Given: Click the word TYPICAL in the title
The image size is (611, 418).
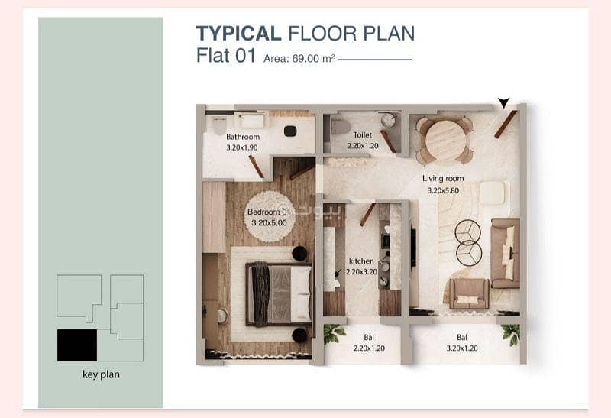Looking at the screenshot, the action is coord(238,33).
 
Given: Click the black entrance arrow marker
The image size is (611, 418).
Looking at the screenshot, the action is coord(503,103).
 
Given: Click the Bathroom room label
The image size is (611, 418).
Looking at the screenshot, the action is coord(243,137).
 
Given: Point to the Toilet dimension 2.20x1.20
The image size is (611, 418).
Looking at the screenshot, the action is coord(363,146).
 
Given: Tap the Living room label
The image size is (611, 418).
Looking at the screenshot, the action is coord(443,178).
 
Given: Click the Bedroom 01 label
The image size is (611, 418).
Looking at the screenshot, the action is coord(270,212).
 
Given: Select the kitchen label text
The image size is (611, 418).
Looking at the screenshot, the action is coord(361,261).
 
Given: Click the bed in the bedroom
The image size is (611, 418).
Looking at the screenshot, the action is coord(279,294).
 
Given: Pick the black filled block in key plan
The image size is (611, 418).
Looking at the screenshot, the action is coord(77,345).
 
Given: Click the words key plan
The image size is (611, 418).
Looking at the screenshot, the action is coord(102,374).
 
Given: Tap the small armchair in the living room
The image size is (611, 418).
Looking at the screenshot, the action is coord(469,293).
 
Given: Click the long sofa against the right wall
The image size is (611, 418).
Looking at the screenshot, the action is coord(505,253).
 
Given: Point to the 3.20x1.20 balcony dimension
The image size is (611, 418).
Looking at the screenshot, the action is coord(462,348).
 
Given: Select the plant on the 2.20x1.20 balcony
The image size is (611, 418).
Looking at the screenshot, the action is coord(334,334).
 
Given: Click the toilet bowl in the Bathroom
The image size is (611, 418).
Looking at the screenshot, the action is coord(219,125).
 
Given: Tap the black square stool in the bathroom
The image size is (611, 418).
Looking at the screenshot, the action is coord(290,131).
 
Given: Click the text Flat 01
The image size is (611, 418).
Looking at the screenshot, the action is coord(225,56).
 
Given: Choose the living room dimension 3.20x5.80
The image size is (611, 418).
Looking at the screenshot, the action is coord(444,191).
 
